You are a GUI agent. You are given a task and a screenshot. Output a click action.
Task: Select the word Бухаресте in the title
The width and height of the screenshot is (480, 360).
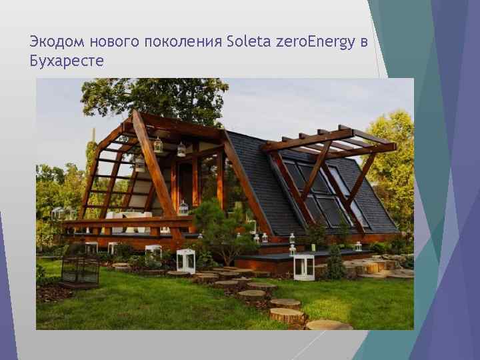(67, 61)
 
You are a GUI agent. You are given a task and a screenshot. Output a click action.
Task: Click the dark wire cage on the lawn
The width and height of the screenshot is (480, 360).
(80, 270)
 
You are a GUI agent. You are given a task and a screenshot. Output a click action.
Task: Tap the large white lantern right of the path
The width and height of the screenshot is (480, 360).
(304, 267)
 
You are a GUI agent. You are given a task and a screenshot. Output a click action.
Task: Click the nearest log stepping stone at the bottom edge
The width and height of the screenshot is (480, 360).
(328, 325)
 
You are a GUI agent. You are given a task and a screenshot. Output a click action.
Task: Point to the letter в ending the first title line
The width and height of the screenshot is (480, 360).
(363, 43)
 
